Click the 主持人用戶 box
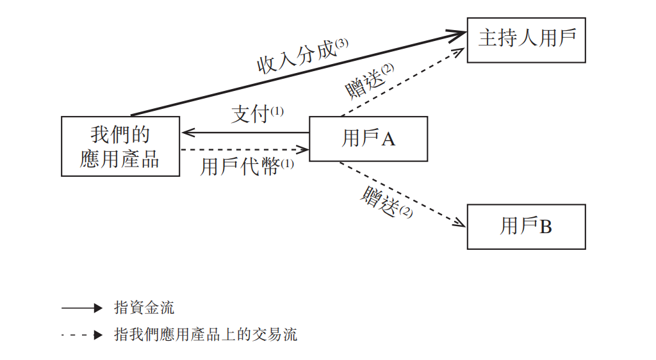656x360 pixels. pyautogui.click(x=526, y=40)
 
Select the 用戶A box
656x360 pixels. pyautogui.click(x=368, y=138)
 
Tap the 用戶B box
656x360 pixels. pyautogui.click(x=526, y=227)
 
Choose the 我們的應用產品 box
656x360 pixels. pyautogui.click(x=120, y=147)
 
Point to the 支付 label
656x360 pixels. pyautogui.click(x=249, y=115)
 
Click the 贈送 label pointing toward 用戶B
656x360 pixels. pyautogui.click(x=380, y=202)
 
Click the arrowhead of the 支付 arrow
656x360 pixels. pyautogui.click(x=186, y=133)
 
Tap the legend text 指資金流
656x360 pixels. pyautogui.click(x=144, y=308)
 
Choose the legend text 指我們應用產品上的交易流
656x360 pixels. pyautogui.click(x=206, y=334)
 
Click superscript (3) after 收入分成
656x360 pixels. pyautogui.click(x=341, y=44)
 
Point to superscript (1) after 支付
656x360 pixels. pyautogui.click(x=277, y=111)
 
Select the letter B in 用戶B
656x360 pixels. pyautogui.click(x=545, y=227)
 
